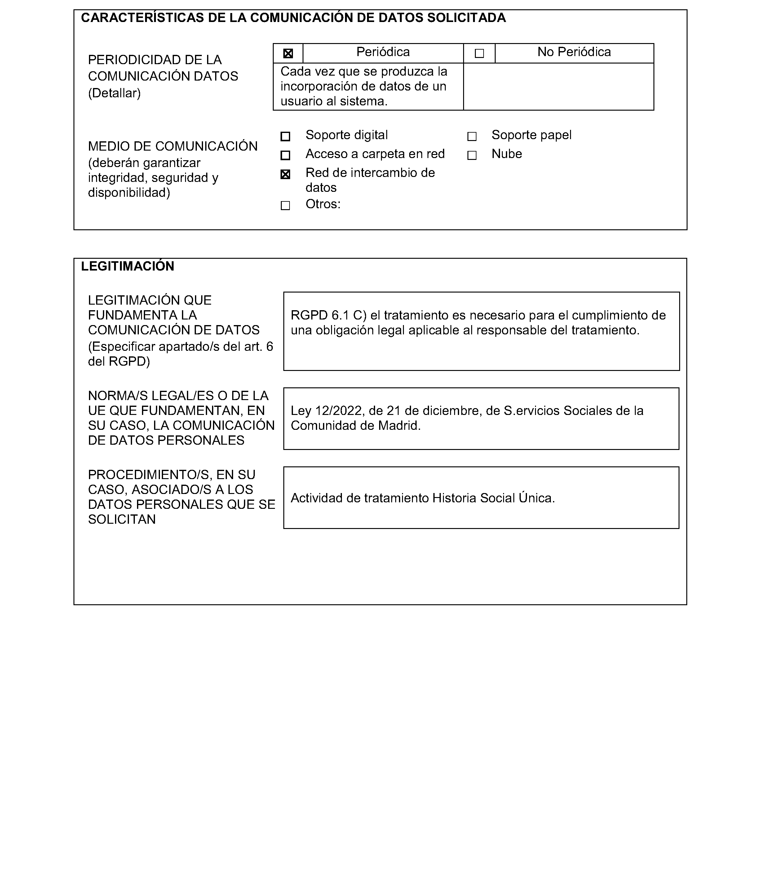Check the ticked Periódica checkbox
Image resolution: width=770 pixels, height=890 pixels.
288,54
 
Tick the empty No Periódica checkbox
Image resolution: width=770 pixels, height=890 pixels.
479,54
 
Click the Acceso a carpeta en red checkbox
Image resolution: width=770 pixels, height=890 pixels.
285,155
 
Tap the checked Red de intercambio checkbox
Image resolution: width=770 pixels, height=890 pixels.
285,174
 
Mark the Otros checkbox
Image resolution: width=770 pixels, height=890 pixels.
285,206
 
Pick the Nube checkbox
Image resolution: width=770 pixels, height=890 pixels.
472,155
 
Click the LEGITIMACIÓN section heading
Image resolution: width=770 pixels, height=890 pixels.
128,266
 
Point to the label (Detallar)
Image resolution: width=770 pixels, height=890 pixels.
114,93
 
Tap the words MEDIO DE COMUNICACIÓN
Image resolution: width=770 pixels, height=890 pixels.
173,147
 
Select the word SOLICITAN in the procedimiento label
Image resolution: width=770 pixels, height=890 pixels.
122,519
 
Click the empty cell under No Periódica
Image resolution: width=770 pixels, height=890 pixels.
559,87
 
